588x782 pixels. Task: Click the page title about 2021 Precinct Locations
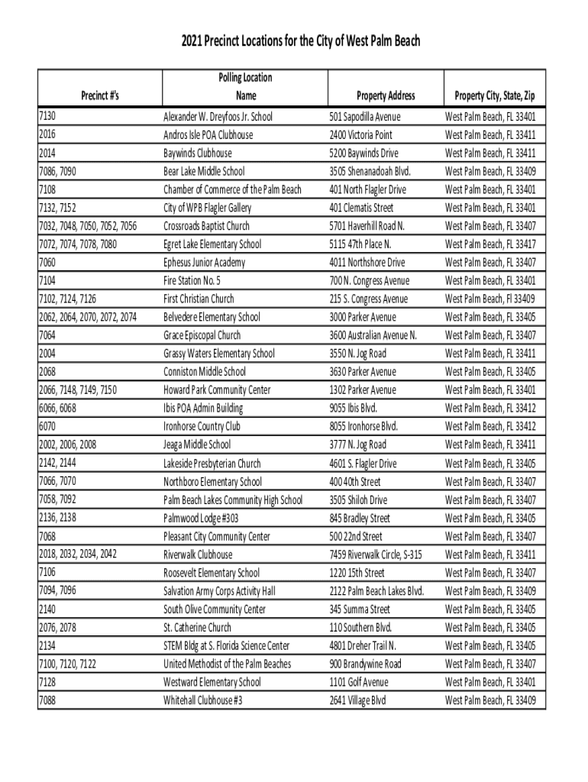[x=294, y=40]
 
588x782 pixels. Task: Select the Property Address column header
[x=386, y=95]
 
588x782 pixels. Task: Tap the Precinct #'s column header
[x=101, y=95]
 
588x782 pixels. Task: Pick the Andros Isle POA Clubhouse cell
[x=208, y=135]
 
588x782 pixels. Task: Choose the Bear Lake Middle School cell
[x=204, y=171]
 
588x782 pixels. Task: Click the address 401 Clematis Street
[x=361, y=208]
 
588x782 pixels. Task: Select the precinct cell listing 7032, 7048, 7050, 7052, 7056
[x=87, y=226]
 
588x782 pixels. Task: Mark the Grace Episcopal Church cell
[x=202, y=335]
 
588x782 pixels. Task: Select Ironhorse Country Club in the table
[x=202, y=426]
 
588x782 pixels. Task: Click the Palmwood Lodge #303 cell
[x=200, y=518]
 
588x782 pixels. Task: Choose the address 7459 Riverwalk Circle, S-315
[x=375, y=554]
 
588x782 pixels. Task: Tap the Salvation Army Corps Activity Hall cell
[x=219, y=591]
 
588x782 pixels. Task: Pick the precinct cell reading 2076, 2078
[x=57, y=627]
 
